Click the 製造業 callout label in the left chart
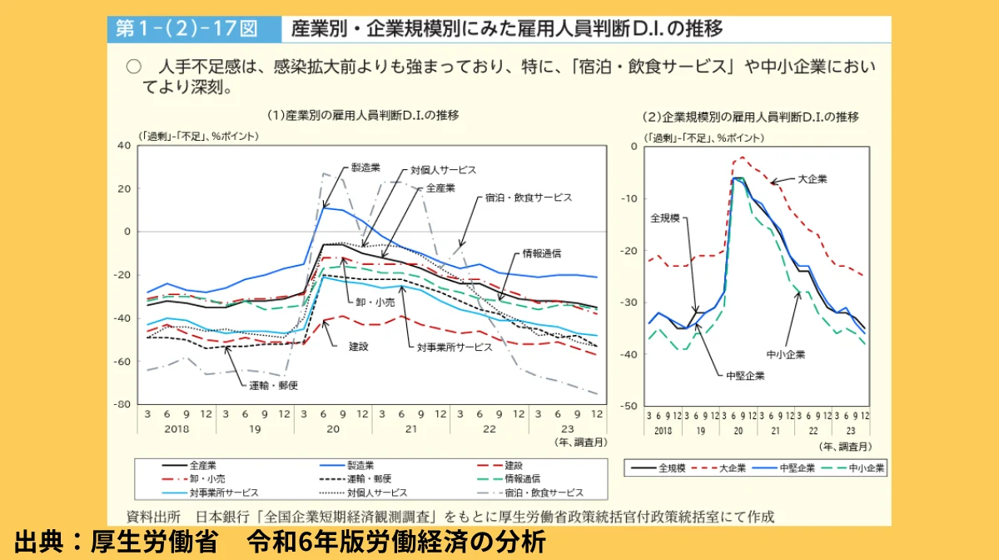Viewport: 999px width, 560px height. coord(365,167)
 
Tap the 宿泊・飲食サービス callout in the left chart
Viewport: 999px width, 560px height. coord(529,197)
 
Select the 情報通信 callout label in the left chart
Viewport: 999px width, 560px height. coord(542,252)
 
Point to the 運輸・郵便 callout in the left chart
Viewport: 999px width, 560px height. coord(274,385)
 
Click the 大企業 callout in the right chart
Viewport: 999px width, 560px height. coord(813,178)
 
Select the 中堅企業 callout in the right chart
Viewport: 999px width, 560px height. coord(744,375)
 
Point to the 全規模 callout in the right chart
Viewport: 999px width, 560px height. coord(665,217)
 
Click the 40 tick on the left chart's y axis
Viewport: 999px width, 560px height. coord(125,145)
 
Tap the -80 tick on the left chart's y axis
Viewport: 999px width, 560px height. coord(122,404)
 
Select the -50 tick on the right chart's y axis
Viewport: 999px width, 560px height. coord(630,406)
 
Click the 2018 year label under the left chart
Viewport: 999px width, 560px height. coord(176,428)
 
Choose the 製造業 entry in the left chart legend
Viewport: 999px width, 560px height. coord(360,465)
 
